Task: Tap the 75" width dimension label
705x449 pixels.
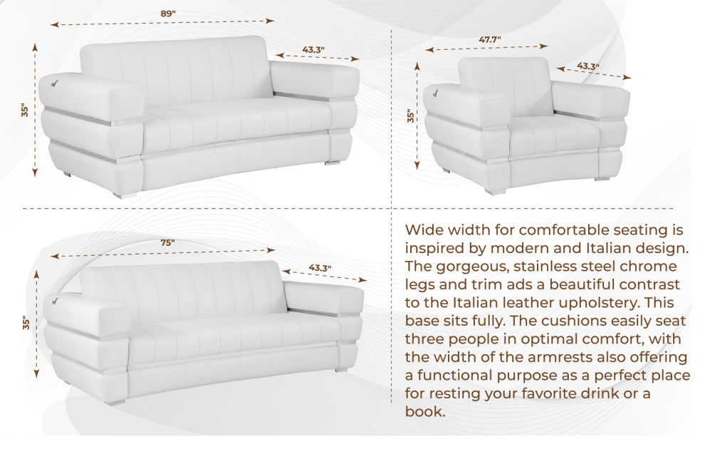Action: coord(167,242)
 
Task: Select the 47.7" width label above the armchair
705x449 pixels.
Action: coord(489,40)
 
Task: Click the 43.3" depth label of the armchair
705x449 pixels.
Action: coord(587,66)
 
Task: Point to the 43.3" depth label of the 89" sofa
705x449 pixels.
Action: coord(313,50)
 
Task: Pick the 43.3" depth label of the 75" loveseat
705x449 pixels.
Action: coord(319,268)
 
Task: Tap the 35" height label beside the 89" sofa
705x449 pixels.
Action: coord(25,110)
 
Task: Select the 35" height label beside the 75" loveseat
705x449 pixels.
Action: coord(26,323)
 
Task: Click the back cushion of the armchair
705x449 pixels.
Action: coord(507,86)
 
